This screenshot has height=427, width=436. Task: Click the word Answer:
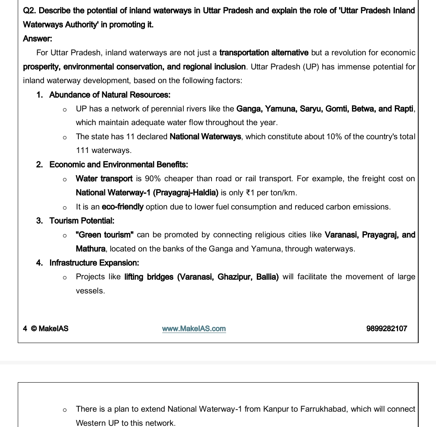[38, 39]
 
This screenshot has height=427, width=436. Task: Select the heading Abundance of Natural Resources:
[109, 95]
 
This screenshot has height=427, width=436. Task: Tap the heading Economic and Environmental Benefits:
[118, 165]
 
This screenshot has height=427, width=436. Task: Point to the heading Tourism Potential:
[82, 221]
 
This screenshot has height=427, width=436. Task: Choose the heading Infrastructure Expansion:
[94, 263]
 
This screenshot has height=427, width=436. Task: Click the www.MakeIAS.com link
[194, 329]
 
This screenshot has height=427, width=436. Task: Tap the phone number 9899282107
[386, 329]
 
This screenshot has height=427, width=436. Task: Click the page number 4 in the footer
[25, 329]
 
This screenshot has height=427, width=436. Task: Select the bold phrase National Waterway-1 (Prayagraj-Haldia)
[147, 193]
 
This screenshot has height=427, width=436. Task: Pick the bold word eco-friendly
[122, 207]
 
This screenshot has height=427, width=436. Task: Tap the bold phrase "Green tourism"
[105, 235]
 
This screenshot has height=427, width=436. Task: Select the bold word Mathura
[90, 249]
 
